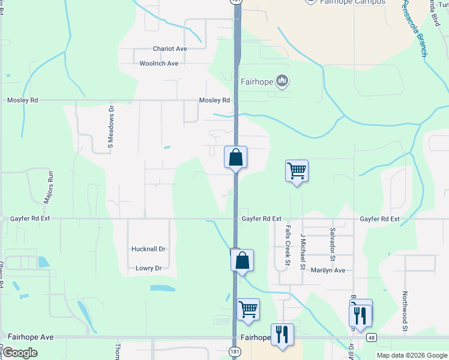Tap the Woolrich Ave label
click(x=159, y=64)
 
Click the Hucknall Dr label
click(x=148, y=248)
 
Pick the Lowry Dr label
click(x=149, y=268)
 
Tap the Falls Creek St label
click(x=288, y=245)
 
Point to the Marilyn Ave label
click(x=328, y=270)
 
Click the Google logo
click(x=20, y=353)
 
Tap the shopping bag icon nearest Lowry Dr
click(x=242, y=261)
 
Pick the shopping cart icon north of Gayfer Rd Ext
click(x=297, y=171)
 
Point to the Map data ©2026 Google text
click(x=412, y=355)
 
